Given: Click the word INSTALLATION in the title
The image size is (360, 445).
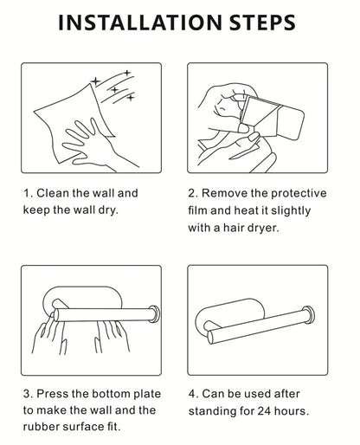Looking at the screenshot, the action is [x=140, y=23].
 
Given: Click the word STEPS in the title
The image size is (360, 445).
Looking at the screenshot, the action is [x=262, y=23].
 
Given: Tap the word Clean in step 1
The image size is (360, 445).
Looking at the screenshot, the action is [x=53, y=193].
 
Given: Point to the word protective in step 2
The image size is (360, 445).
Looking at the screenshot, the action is [x=299, y=194].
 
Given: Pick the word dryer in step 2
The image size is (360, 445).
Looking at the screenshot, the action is [x=266, y=229].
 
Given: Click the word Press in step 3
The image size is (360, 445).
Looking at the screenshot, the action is [x=53, y=394].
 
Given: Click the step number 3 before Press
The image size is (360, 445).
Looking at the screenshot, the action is [x=28, y=394].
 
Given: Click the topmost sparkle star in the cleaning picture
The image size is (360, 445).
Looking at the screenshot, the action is [x=127, y=73].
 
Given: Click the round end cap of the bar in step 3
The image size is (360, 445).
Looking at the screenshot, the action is [x=154, y=313].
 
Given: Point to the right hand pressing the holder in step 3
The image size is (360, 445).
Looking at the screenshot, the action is [x=112, y=336].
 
